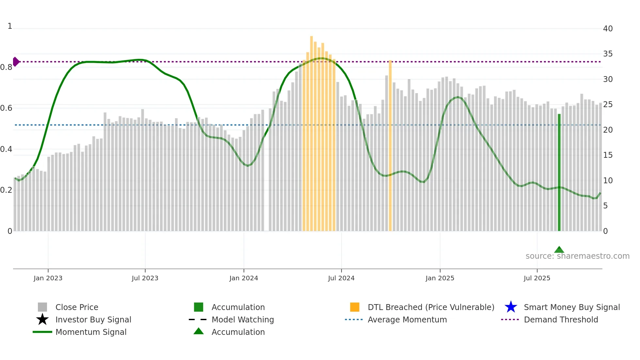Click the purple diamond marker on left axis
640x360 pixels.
coord(16,62)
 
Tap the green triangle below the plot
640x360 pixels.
coord(559,250)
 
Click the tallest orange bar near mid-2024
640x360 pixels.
coord(312,131)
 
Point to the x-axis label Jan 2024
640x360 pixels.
coord(244,278)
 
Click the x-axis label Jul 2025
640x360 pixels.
coord(537,278)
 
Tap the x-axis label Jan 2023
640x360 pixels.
coord(48,278)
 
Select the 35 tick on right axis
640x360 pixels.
coord(608,54)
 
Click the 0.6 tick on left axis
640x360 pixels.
coord(6,108)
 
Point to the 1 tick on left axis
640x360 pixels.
coord(10,26)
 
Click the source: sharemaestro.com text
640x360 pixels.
coord(577,256)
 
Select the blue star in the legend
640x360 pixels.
coord(511,307)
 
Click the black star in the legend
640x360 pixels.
coord(42,319)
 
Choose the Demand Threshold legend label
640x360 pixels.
coord(561,319)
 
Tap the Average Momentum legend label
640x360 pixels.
coord(407,319)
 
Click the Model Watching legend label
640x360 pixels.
coord(243,319)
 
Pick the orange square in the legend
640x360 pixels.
coord(355,307)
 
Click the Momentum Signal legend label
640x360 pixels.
coord(91,332)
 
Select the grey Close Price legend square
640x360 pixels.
coord(42,307)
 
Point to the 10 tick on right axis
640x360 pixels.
coord(608,181)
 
